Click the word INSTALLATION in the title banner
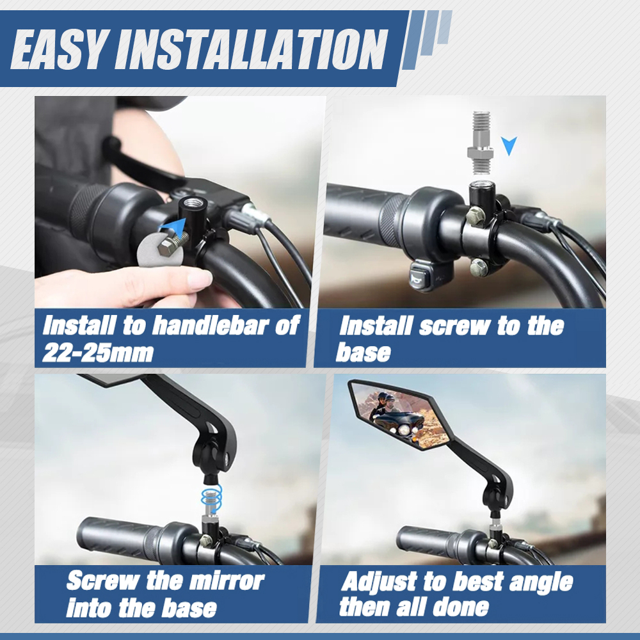[x=252, y=49]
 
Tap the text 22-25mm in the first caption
[x=98, y=353]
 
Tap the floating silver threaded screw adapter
[x=480, y=140]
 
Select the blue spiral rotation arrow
[x=211, y=497]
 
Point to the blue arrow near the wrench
[x=172, y=228]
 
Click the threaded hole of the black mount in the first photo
[x=191, y=202]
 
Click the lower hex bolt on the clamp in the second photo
[x=478, y=268]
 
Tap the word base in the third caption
[x=189, y=608]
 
